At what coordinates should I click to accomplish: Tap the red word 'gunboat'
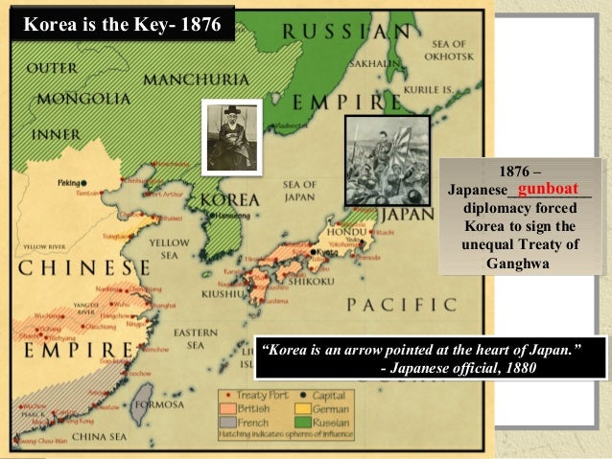[x=547, y=190]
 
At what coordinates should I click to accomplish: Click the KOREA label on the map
[x=227, y=200]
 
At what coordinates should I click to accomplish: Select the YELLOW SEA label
[x=169, y=249]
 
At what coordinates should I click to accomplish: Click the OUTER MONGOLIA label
[x=70, y=84]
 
